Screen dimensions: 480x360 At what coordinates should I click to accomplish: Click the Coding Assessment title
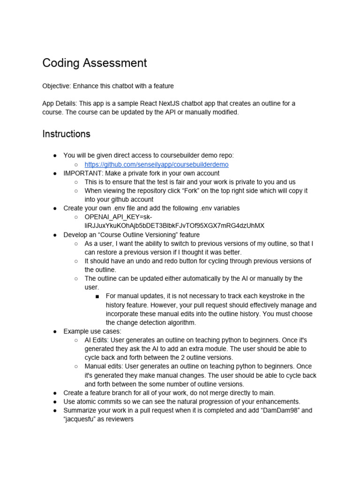94,63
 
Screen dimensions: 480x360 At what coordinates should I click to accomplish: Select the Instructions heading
66,134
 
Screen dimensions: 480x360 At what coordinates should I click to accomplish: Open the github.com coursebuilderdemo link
156,165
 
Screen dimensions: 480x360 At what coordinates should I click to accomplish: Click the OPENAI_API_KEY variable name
115,217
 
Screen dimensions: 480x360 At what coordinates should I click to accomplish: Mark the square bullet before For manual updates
97,296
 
